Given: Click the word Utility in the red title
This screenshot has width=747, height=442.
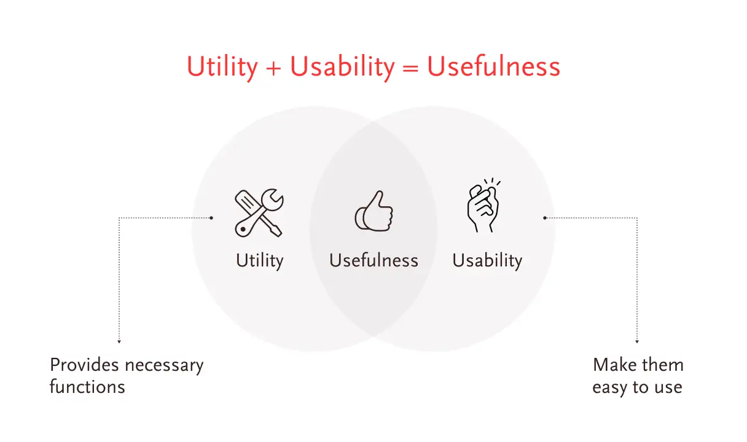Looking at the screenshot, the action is [x=222, y=68].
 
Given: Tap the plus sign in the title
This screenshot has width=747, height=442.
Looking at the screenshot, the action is [x=273, y=68].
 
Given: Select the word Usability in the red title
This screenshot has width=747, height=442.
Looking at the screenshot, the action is [x=342, y=68].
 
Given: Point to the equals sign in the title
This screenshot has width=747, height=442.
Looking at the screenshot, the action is [x=410, y=68].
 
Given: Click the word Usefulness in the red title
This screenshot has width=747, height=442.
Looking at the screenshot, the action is [x=493, y=66].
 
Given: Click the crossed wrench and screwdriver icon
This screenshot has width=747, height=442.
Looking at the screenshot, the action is [x=259, y=213].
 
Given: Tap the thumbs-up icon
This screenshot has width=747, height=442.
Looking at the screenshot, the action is [x=374, y=211].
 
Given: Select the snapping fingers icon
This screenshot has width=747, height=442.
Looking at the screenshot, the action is [x=483, y=205].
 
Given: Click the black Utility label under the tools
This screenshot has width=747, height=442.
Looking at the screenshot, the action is [x=260, y=261].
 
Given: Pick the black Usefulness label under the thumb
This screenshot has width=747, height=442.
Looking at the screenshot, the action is [x=373, y=260].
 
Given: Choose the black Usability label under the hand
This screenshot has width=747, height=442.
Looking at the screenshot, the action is [x=487, y=261].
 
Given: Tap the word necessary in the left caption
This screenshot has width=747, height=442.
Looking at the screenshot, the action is [x=164, y=366].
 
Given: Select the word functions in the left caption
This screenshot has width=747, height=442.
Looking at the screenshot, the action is [x=87, y=387].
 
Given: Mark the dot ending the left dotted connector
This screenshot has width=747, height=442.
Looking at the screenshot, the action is [x=211, y=218].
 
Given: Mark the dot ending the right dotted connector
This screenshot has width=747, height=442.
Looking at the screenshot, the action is [x=544, y=218].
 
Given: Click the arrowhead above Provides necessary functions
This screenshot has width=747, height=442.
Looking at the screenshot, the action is [x=119, y=342].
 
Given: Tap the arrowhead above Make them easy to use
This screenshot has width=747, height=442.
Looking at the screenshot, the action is [x=637, y=342].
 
